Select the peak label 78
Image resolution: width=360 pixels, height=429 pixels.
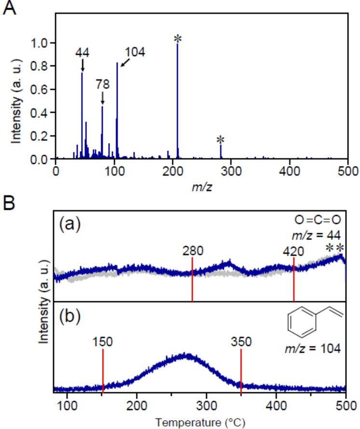click(102, 84)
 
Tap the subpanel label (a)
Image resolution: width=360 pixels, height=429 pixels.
click(69, 224)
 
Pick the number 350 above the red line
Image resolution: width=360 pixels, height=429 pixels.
click(241, 342)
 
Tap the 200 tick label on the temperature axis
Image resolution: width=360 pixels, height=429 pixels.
click(137, 404)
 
